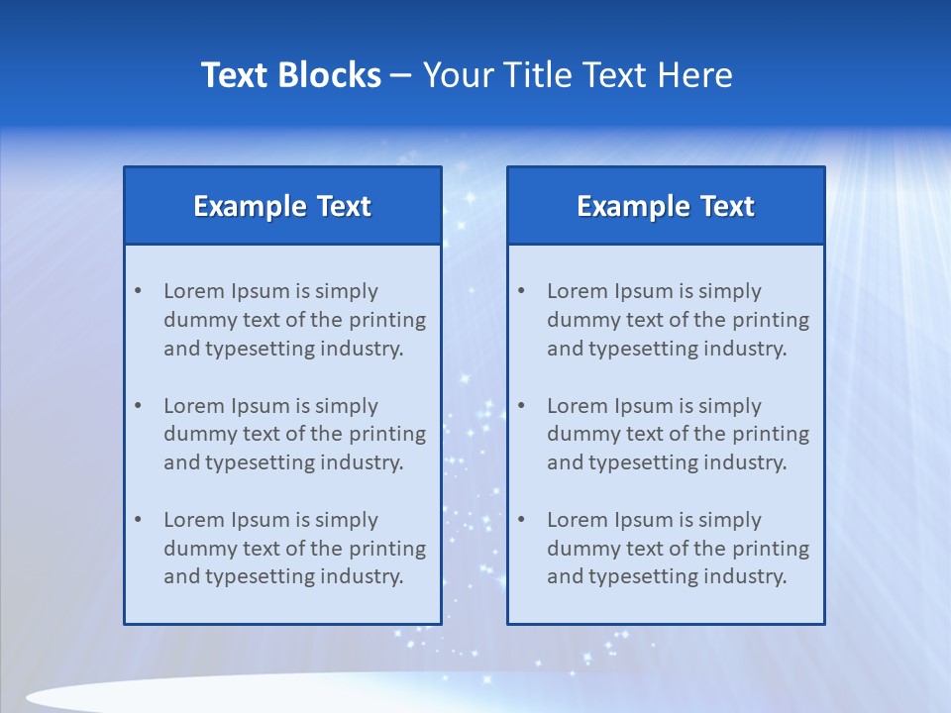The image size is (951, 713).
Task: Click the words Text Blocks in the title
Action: (291, 75)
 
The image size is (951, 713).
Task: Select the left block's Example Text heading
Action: (282, 206)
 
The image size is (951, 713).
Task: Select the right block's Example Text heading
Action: (666, 206)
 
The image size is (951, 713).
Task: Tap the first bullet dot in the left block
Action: (139, 291)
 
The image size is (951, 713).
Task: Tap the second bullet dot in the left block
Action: (139, 406)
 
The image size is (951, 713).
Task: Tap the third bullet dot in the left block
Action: (139, 520)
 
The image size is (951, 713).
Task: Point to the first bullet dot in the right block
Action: (522, 291)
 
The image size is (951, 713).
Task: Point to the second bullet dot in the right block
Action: (522, 406)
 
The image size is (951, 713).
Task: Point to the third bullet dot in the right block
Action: (522, 520)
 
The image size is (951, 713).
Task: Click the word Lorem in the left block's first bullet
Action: (194, 291)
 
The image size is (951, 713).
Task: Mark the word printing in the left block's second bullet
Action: (388, 434)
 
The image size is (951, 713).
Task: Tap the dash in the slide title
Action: (401, 76)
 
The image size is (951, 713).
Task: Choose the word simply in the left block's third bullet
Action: (347, 520)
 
